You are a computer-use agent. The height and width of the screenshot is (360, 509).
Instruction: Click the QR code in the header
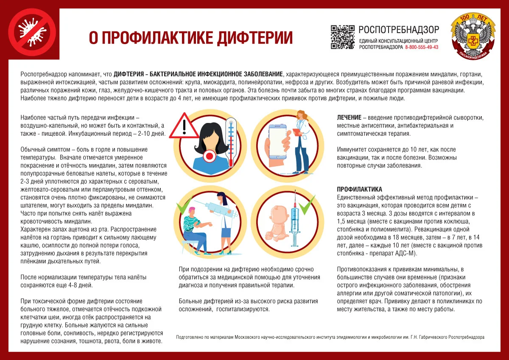click(342, 37)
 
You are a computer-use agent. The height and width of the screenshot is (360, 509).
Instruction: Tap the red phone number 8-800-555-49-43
click(422, 47)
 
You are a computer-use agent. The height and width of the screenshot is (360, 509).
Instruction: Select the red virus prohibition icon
click(32, 32)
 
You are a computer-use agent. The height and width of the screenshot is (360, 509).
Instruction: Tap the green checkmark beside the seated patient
click(183, 208)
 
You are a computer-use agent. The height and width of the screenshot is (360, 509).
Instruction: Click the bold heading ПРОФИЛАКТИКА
click(359, 189)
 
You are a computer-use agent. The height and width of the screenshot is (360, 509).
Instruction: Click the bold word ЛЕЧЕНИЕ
click(349, 117)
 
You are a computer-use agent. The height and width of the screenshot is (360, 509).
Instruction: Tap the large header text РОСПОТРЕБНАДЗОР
click(399, 29)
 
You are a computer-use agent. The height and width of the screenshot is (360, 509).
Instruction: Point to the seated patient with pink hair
click(194, 227)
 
